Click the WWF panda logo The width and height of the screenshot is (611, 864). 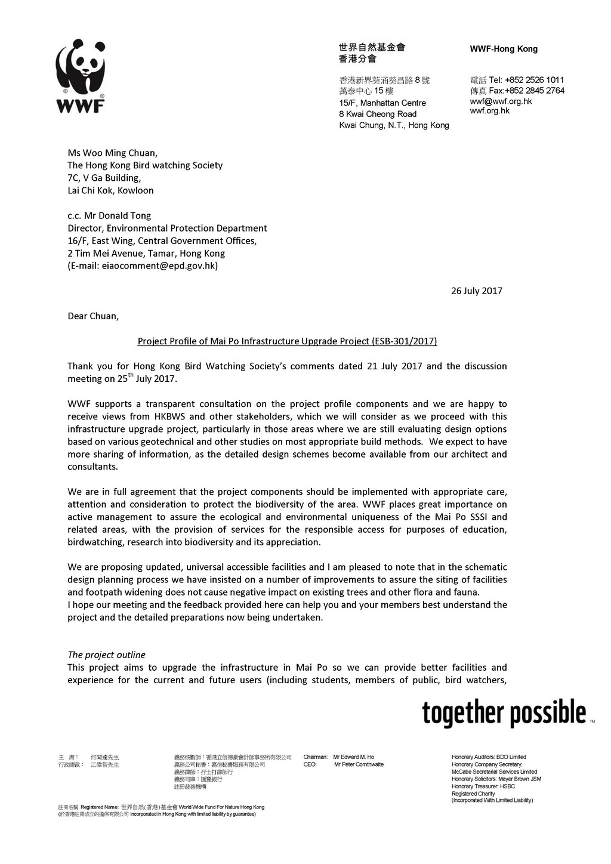click(x=81, y=76)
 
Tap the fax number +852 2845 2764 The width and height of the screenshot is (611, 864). click(x=535, y=91)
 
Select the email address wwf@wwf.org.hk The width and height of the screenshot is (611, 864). click(x=501, y=101)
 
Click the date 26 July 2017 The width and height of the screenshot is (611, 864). click(x=476, y=291)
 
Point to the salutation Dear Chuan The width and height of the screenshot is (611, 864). click(x=93, y=316)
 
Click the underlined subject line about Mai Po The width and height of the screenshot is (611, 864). click(x=287, y=341)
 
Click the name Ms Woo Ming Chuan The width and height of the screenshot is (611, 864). click(x=112, y=153)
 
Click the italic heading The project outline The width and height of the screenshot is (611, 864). click(x=106, y=655)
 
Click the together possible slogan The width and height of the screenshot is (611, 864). click(x=504, y=713)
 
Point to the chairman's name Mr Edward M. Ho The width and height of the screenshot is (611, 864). click(x=354, y=757)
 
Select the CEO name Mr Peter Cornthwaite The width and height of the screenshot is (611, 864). click(x=359, y=764)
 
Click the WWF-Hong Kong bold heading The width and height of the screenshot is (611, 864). click(x=504, y=49)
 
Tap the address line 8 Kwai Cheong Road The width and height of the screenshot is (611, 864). click(x=378, y=114)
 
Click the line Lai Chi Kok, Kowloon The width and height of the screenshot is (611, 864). click(x=110, y=190)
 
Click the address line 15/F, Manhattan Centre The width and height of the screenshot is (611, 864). click(x=382, y=103)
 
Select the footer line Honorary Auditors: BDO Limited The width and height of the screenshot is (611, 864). click(x=489, y=757)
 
